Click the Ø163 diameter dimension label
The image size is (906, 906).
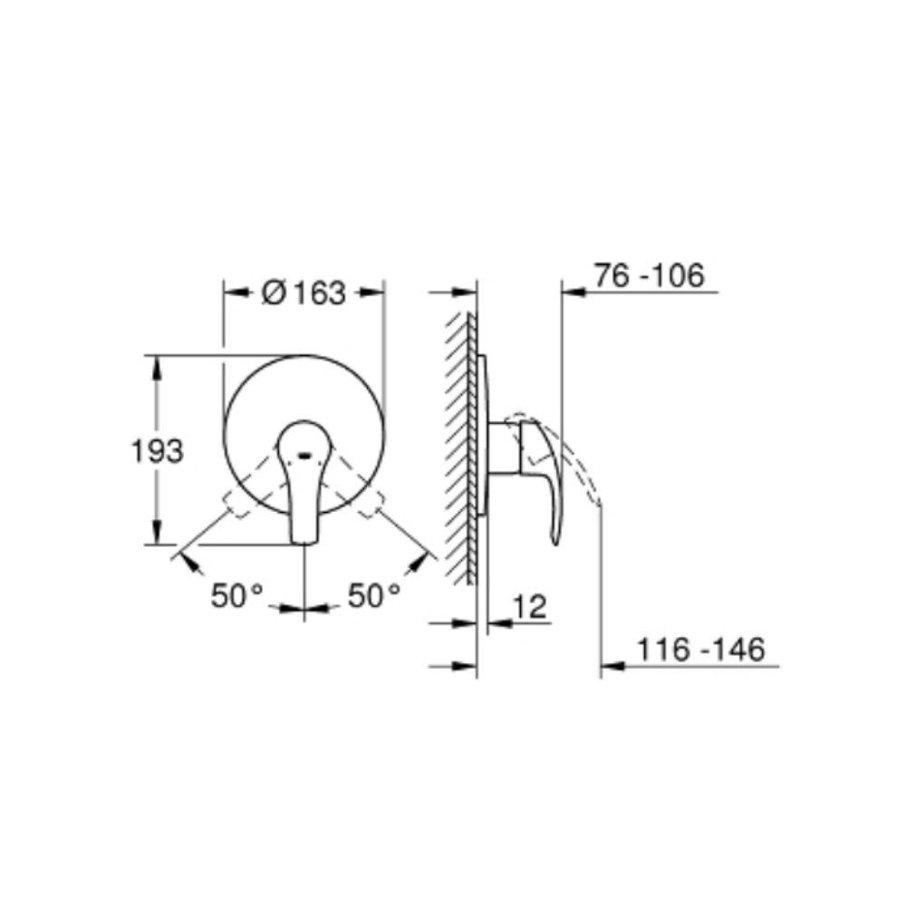tap(304, 293)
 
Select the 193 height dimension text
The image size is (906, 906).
tap(157, 450)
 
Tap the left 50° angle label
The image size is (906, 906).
tap(236, 595)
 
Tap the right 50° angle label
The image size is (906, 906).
tap(374, 595)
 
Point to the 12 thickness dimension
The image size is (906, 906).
tap(529, 607)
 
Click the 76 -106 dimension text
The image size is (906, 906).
tap(650, 275)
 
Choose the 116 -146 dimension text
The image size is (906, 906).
tap(701, 650)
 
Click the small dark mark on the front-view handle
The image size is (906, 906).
tap(304, 456)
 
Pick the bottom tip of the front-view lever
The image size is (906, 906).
tap(304, 543)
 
